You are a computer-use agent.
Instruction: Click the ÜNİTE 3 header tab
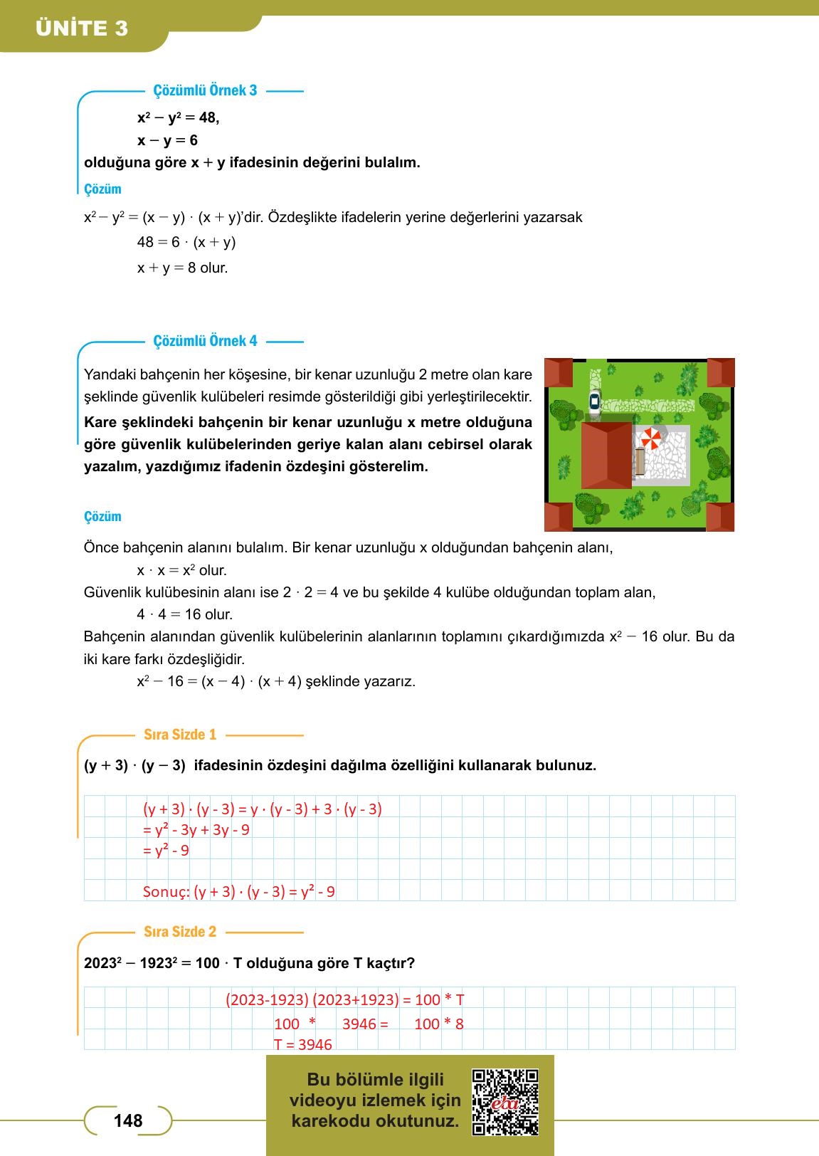82,28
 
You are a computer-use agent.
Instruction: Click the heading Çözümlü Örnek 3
205,90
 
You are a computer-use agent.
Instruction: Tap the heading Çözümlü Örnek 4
205,341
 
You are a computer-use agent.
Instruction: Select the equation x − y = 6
167,140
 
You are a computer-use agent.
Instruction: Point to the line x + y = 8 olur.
182,268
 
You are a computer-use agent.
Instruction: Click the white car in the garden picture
594,402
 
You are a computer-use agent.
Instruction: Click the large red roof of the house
606,455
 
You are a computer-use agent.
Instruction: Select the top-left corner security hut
559,372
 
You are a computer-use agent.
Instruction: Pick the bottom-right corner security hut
720,517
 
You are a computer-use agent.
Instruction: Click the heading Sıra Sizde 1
179,735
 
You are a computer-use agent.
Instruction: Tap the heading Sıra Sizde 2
179,932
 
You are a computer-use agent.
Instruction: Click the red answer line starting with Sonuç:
238,892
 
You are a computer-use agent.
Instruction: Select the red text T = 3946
303,1044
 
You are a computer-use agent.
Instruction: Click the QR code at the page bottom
505,1101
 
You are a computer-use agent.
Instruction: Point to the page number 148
128,1121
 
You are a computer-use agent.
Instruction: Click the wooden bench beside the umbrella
640,461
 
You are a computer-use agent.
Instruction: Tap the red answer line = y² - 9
166,851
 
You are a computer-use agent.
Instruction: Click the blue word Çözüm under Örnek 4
102,517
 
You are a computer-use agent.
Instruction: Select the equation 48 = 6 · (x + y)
186,243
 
